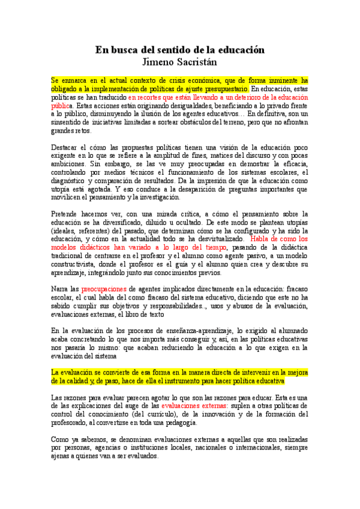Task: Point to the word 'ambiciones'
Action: [x=68, y=164]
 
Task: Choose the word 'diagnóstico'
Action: [x=70, y=181]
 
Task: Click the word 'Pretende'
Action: [x=65, y=214]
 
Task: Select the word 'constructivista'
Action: [x=76, y=264]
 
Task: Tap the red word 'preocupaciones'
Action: [x=106, y=288]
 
